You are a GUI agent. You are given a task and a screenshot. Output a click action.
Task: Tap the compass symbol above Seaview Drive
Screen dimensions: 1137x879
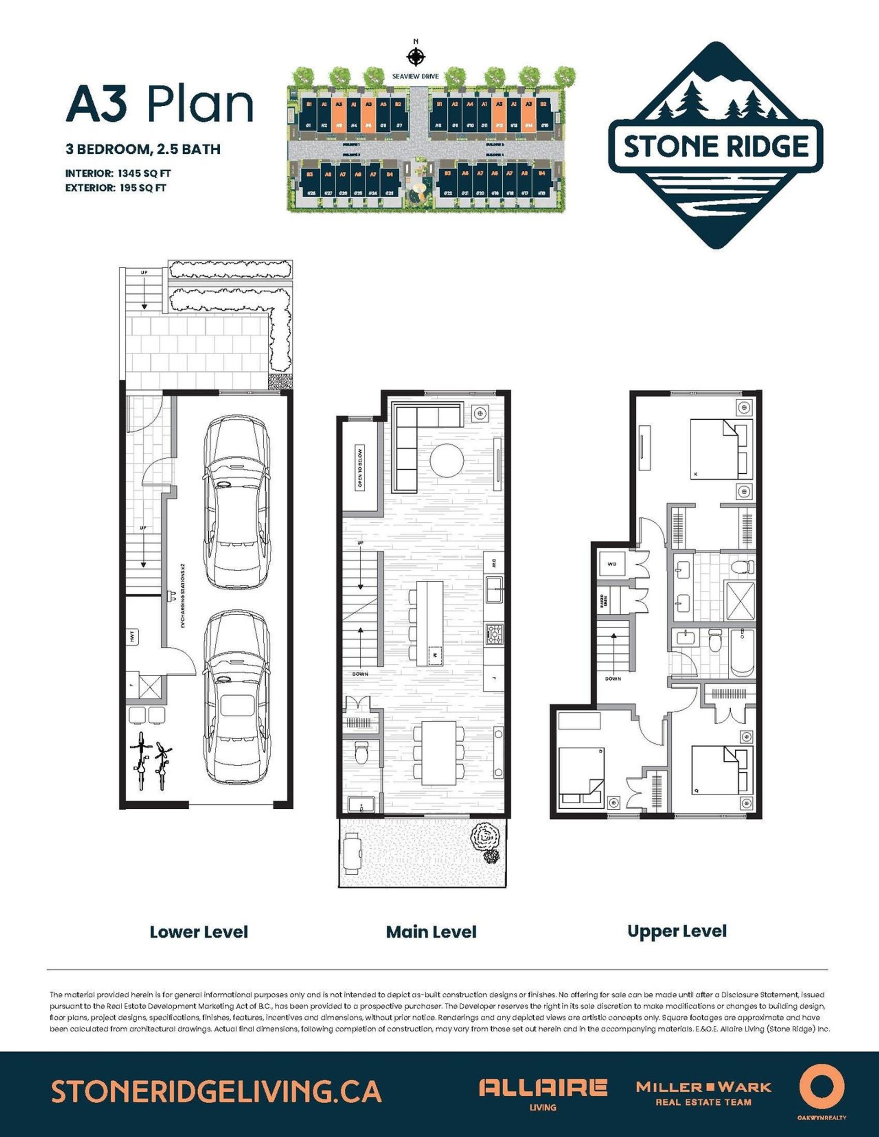pos(415,56)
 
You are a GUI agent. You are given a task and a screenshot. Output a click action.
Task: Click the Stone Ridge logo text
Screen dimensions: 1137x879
pos(716,146)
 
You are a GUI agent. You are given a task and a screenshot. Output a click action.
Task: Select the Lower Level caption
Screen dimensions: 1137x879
pos(198,932)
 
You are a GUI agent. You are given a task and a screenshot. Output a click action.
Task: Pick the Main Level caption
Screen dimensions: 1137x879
pos(431,932)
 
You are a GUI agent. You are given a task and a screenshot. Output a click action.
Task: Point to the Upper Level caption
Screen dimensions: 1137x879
pos(677,931)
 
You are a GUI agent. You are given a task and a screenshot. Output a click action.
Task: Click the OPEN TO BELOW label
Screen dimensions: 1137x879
pos(360,467)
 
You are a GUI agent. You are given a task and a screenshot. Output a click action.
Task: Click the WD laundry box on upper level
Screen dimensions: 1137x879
pos(613,564)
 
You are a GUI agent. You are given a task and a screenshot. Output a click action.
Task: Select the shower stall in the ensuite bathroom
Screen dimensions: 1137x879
pos(739,602)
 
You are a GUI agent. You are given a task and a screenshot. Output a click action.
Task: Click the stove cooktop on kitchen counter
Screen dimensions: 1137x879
pos(493,633)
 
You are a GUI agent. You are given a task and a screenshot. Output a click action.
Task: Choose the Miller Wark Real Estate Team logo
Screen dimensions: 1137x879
pos(704,1092)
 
